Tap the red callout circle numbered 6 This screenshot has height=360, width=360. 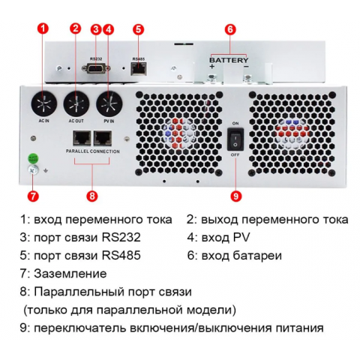[230, 29]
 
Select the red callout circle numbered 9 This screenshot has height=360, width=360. [235, 196]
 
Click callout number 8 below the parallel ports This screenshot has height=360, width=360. [92, 196]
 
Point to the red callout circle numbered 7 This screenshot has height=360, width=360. [32, 196]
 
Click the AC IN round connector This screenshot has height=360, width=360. [43, 101]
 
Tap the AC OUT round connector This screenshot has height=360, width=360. [76, 101]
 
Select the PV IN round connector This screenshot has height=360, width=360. [108, 101]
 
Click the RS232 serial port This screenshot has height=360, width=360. [96, 68]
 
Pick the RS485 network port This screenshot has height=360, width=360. [139, 68]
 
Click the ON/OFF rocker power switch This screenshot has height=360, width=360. [235, 139]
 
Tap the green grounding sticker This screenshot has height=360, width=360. [32, 159]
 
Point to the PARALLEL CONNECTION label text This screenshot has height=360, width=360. [92, 151]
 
